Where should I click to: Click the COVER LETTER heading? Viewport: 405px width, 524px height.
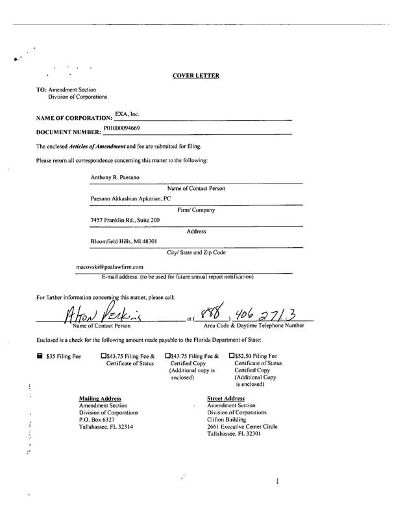[x=195, y=76]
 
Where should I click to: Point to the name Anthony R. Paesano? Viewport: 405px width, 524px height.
[x=114, y=176]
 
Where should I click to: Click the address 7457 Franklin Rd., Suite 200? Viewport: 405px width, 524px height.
[x=125, y=220]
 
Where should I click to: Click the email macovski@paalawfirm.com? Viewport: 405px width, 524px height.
[x=110, y=266]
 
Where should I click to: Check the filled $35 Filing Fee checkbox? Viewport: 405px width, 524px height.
[x=40, y=356]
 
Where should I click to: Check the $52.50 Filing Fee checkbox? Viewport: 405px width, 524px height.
[x=232, y=356]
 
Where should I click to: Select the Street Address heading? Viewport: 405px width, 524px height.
[x=226, y=398]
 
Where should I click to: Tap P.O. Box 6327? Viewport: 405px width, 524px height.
[x=96, y=420]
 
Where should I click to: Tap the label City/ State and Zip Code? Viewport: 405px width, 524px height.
[x=196, y=252]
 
